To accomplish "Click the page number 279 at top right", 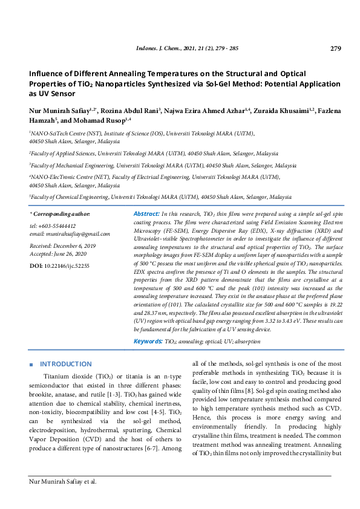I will pos(336,48).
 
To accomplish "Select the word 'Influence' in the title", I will pos(48,73).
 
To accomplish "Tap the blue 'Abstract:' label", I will pos(146,214).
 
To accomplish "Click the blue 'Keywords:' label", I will pos(148,342).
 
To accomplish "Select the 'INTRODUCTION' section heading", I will pos(65,365).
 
